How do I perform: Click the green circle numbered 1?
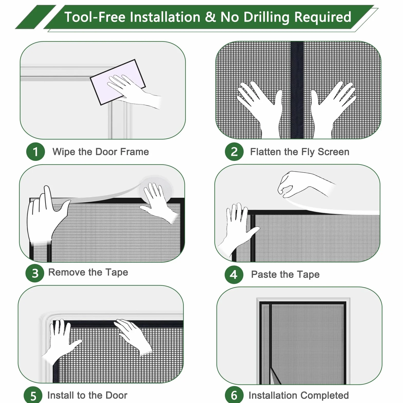pyautogui.click(x=35, y=152)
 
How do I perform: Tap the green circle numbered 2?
pyautogui.click(x=234, y=152)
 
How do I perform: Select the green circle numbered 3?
pyautogui.click(x=35, y=273)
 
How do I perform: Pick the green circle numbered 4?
pyautogui.click(x=234, y=275)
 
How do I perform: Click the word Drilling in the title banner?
pyautogui.click(x=267, y=17)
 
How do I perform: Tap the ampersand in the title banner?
pyautogui.click(x=210, y=17)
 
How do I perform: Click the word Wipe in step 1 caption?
pyautogui.click(x=64, y=152)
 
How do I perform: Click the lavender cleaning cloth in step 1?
pyautogui.click(x=118, y=82)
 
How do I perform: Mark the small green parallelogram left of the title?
pyautogui.click(x=36, y=17)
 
